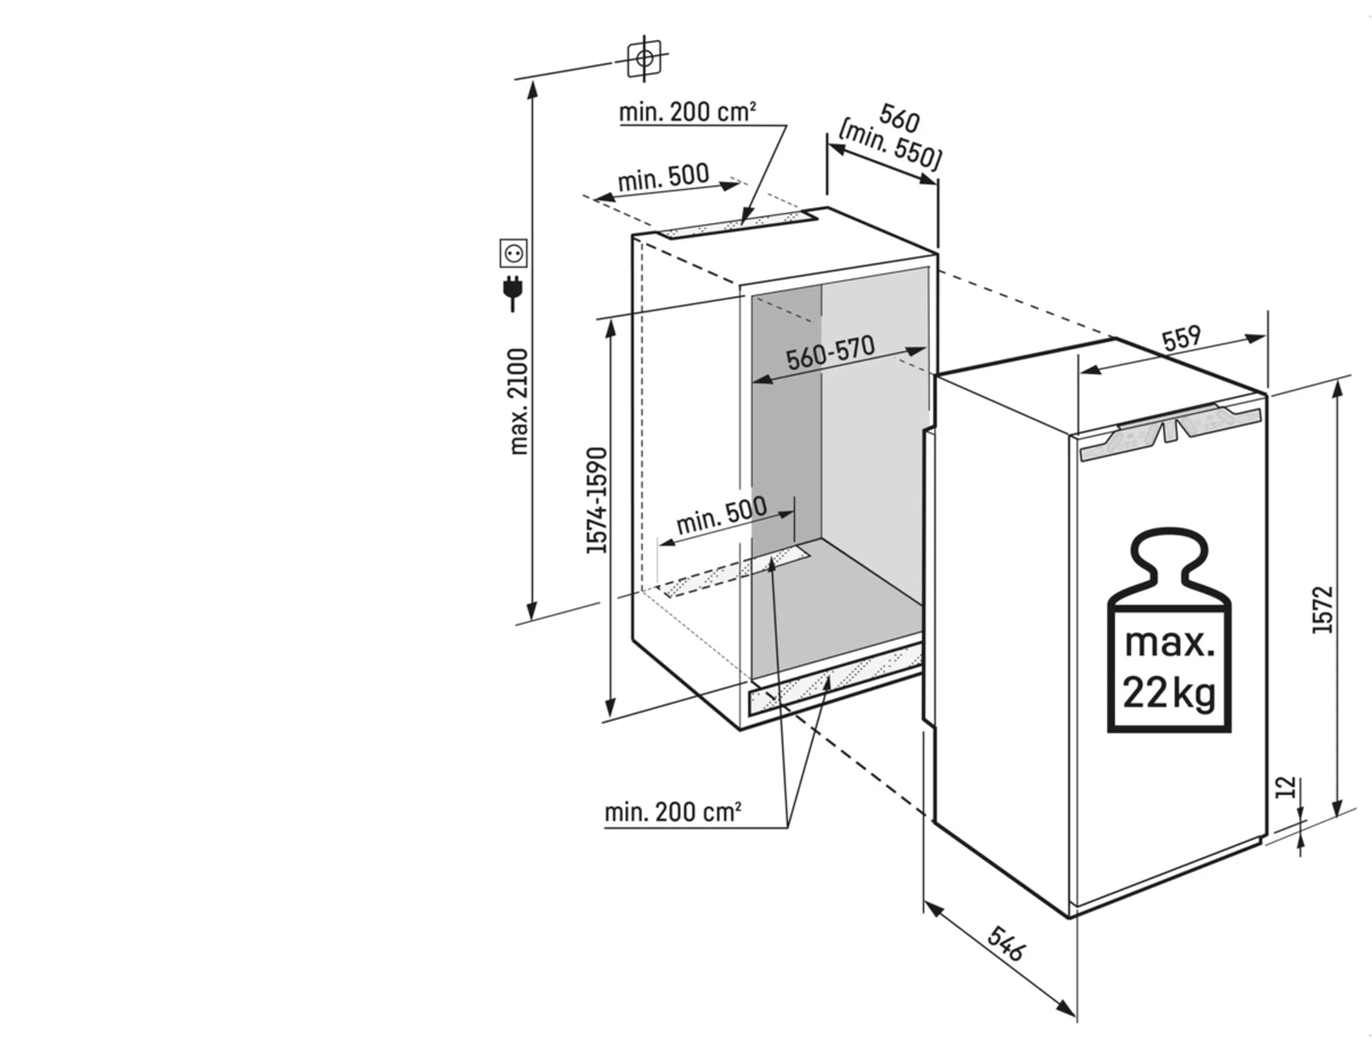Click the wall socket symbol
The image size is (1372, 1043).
pyautogui.click(x=513, y=253)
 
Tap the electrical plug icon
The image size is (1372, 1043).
pyautogui.click(x=513, y=293)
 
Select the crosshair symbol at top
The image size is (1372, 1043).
pyautogui.click(x=645, y=58)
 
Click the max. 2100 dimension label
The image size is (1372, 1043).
pyautogui.click(x=519, y=401)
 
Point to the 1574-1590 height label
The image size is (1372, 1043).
pyautogui.click(x=597, y=501)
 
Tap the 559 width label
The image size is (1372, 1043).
pyautogui.click(x=1181, y=339)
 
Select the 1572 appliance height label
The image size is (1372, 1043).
pyautogui.click(x=1322, y=609)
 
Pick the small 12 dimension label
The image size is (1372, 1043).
pyautogui.click(x=1285, y=787)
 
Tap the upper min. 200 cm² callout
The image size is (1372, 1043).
pyautogui.click(x=687, y=112)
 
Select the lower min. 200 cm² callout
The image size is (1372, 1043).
pyautogui.click(x=673, y=812)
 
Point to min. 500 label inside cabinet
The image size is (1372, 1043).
pyautogui.click(x=722, y=516)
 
